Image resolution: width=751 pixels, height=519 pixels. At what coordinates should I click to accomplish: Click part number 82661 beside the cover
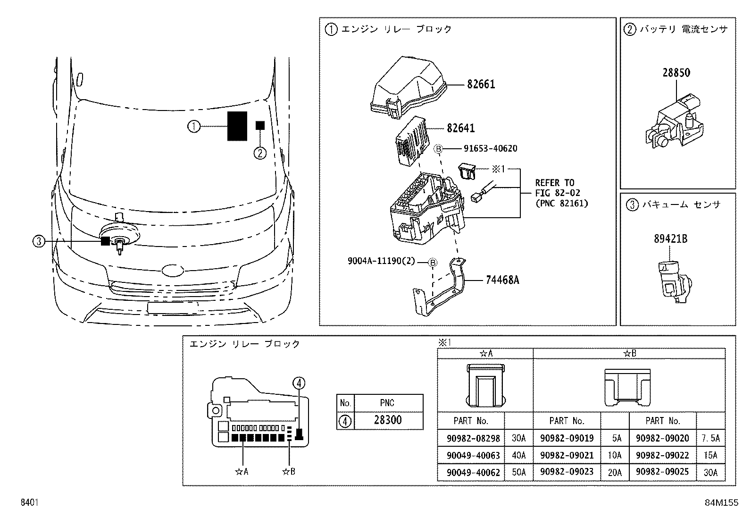click(481, 85)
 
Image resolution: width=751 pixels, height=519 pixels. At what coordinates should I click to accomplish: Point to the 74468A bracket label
click(502, 280)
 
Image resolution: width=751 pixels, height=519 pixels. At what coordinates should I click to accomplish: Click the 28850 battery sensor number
click(676, 73)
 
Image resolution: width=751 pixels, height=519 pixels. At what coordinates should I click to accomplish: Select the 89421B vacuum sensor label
click(670, 239)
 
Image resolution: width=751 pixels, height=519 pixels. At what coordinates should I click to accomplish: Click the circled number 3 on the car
click(39, 241)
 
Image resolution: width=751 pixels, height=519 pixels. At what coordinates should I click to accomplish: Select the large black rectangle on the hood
click(237, 126)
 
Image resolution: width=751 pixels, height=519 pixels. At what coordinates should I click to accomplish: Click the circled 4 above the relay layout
click(299, 383)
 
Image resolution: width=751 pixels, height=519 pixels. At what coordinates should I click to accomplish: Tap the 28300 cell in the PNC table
click(388, 420)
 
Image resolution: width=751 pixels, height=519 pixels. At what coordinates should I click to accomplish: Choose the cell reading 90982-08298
click(473, 438)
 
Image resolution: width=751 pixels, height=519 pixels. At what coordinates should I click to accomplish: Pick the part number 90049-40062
click(473, 472)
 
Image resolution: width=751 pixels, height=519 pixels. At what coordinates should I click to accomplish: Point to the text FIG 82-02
click(558, 193)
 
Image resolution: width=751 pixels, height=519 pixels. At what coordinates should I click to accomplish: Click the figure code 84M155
click(721, 503)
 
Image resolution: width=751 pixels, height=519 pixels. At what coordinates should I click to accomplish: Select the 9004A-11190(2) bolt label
click(381, 261)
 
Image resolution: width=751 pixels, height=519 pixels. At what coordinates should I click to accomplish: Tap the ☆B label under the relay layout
click(288, 471)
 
